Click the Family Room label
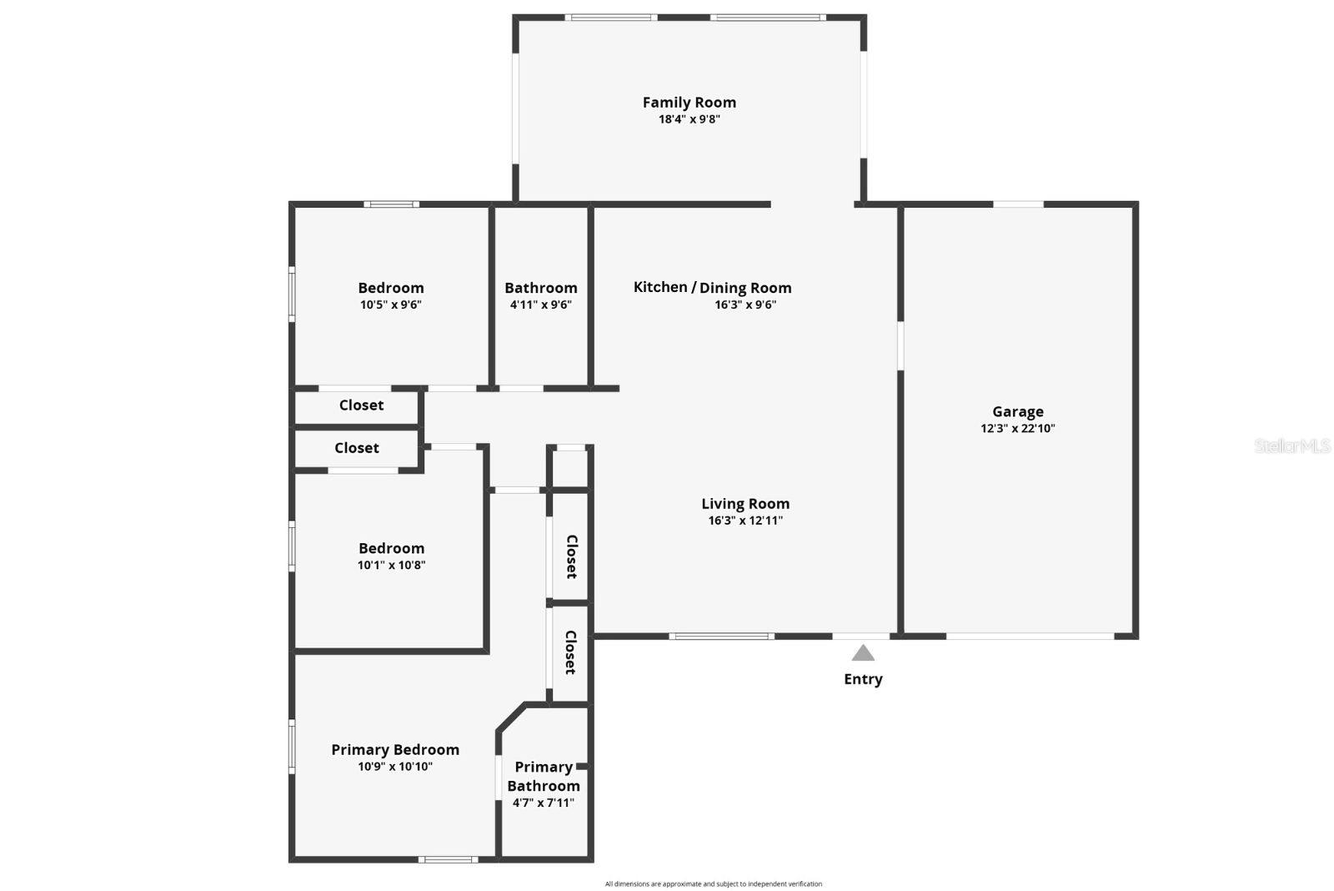pyautogui.click(x=689, y=103)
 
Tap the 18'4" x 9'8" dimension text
pyautogui.click(x=689, y=119)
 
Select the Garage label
pyautogui.click(x=1017, y=411)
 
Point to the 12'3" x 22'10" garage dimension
pyautogui.click(x=1017, y=429)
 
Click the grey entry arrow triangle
pyautogui.click(x=863, y=653)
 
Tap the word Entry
pyautogui.click(x=863, y=679)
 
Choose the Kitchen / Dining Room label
pyautogui.click(x=712, y=287)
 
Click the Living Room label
pyautogui.click(x=745, y=504)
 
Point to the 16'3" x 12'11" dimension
pyautogui.click(x=745, y=521)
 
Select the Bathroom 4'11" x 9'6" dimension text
pyautogui.click(x=540, y=305)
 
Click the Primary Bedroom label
pyautogui.click(x=394, y=749)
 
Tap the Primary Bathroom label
pyautogui.click(x=543, y=776)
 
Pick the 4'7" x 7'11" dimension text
pyautogui.click(x=543, y=803)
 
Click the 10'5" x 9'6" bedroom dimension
pyautogui.click(x=390, y=305)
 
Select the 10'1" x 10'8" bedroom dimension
pyautogui.click(x=391, y=566)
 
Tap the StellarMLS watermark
pyautogui.click(x=1291, y=446)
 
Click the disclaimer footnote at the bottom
pyautogui.click(x=713, y=883)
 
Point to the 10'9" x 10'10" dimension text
pyautogui.click(x=394, y=767)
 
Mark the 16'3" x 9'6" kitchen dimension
pyautogui.click(x=745, y=305)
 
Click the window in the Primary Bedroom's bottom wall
pyautogui.click(x=448, y=859)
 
